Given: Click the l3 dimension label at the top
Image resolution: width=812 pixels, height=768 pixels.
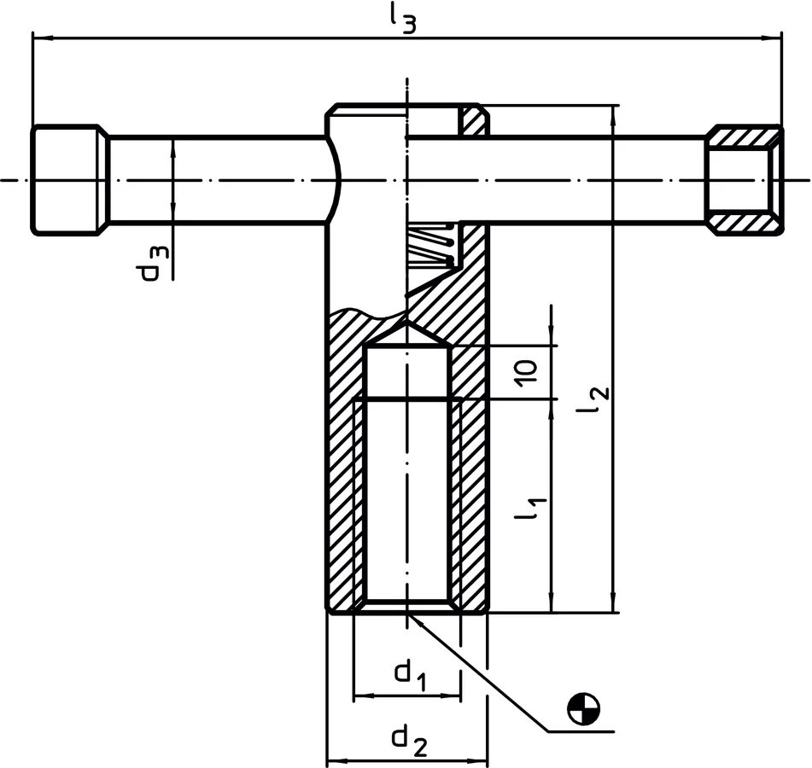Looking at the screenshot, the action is point(402,19).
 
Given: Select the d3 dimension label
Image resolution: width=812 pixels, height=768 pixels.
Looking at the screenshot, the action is point(155,263).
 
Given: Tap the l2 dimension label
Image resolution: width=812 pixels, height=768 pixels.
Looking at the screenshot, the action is point(593,399).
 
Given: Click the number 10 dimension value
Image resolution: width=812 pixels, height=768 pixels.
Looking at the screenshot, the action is point(526,373).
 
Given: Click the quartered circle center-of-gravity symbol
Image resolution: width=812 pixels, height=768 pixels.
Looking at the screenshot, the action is point(584,708).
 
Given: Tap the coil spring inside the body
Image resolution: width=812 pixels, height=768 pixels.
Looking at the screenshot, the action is point(432,245).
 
